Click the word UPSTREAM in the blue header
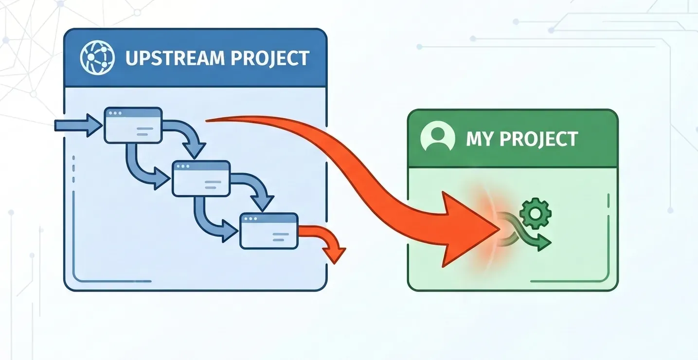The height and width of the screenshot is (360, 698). (x=174, y=58)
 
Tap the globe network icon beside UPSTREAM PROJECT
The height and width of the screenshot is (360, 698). (x=97, y=57)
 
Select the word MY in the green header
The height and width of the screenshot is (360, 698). (x=479, y=139)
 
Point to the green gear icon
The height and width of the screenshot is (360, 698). (x=535, y=213)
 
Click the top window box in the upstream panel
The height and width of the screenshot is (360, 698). (x=133, y=126)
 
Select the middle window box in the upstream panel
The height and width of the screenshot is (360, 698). (x=201, y=179)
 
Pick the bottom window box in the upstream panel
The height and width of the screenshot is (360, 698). (x=269, y=231)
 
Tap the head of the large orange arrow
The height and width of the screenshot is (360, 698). (x=462, y=229)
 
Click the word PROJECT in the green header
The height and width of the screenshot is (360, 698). (x=538, y=139)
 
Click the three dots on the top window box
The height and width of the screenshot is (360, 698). (x=115, y=113)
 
